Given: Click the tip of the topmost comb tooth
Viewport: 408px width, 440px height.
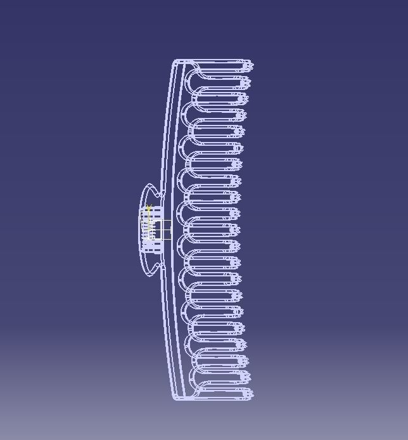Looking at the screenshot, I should pyautogui.click(x=252, y=65).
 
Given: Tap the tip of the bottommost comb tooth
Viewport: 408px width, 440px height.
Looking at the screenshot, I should pyautogui.click(x=252, y=394).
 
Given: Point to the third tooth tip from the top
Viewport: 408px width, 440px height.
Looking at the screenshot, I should pyautogui.click(x=245, y=98).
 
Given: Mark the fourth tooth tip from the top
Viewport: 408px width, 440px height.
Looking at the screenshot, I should pyautogui.click(x=243, y=115).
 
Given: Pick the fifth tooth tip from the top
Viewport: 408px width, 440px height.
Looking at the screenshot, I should pyautogui.click(x=242, y=131).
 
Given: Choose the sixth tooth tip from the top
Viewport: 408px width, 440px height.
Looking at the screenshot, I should pyautogui.click(x=241, y=148).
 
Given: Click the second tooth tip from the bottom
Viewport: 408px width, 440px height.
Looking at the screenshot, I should pyautogui.click(x=248, y=378).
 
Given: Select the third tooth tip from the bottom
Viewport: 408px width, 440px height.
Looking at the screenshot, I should pyautogui.click(x=245, y=361).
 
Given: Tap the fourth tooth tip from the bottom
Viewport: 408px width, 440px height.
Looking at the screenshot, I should pyautogui.click(x=243, y=345).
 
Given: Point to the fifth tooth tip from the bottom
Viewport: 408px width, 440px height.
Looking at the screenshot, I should pyautogui.click(x=242, y=328).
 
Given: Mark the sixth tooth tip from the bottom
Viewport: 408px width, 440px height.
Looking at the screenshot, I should pyautogui.click(x=241, y=312).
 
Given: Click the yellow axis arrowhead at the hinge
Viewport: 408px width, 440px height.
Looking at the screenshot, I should pyautogui.click(x=148, y=207).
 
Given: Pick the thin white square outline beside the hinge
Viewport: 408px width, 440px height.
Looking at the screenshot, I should pyautogui.click(x=163, y=230).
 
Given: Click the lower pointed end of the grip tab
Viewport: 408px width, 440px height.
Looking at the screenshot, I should pyautogui.click(x=150, y=275).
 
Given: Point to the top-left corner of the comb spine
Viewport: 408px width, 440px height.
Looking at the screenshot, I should pyautogui.click(x=175, y=61).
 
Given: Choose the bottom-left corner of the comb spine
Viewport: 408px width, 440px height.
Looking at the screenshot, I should pyautogui.click(x=174, y=398).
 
